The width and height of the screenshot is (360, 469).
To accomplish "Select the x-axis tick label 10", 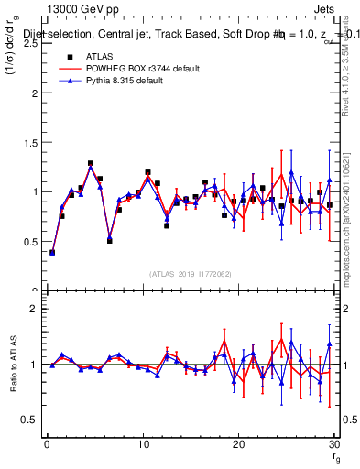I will [142, 444].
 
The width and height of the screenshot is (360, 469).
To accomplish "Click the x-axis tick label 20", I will [238, 444].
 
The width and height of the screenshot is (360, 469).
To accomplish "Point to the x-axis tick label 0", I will [47, 444].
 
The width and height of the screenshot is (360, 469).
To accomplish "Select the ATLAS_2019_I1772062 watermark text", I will [190, 274].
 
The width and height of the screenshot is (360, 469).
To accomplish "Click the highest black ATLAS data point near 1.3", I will [91, 164].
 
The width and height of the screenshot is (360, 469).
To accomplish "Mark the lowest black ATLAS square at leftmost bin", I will [52, 252].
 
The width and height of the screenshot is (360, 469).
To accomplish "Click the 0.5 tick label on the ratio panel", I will [31, 420].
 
